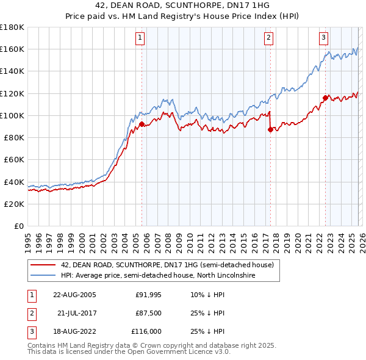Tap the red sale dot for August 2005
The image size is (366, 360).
point(142,124)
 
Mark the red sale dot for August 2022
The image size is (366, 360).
point(325,97)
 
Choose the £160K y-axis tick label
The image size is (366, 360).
point(12,49)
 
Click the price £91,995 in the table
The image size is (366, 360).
point(148,295)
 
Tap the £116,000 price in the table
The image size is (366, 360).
point(146,331)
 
